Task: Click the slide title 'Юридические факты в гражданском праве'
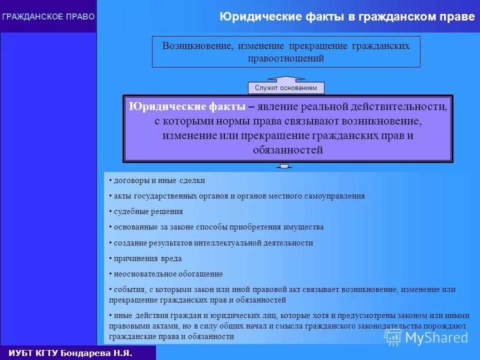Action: point(347,17)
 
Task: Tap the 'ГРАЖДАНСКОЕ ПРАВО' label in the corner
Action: point(48,16)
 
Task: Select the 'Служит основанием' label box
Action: point(286,88)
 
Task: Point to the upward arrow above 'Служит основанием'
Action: point(286,78)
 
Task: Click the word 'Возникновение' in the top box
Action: point(197,46)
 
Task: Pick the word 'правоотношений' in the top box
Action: point(286,58)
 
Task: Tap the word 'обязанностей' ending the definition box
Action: point(287,149)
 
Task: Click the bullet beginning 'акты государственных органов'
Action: point(239,196)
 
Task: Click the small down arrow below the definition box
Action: point(284,166)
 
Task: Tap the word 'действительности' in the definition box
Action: point(405,106)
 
